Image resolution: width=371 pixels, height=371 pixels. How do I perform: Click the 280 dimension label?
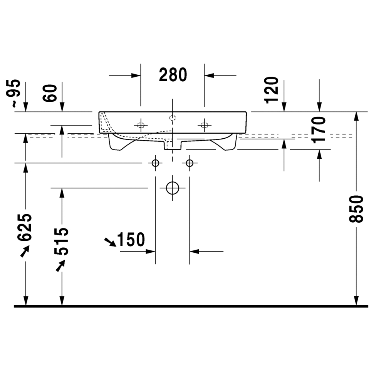173,75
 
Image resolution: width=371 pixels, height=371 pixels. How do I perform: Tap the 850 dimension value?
356,209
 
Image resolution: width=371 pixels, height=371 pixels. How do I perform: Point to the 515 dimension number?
62,241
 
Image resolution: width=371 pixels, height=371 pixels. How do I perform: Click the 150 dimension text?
131,240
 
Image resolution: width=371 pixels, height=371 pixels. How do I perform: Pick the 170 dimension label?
319,130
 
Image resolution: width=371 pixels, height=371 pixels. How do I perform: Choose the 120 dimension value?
271,90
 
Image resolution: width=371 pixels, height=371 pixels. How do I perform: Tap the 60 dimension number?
50,93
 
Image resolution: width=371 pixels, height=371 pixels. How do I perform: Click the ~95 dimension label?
13,93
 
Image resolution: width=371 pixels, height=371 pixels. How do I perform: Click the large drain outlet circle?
173,188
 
